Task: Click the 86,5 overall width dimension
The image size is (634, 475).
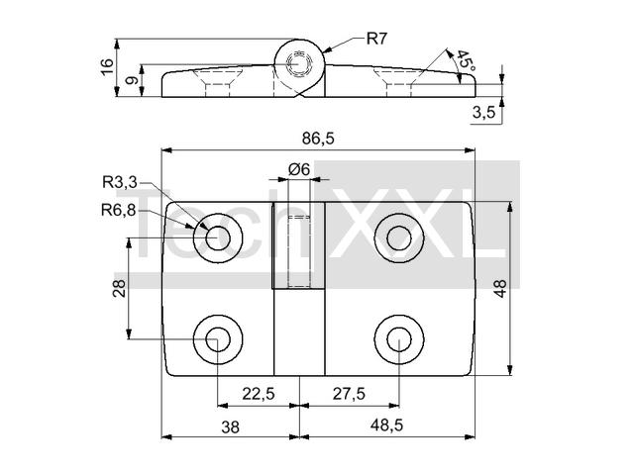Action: click(318, 139)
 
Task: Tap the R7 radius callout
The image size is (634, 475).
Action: click(376, 39)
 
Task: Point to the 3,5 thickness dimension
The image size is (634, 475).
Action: click(483, 113)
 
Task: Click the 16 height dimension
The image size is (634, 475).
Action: click(107, 66)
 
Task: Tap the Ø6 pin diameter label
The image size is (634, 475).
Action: click(299, 169)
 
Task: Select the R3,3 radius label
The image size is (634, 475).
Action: click(120, 182)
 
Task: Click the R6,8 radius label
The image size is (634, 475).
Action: click(119, 210)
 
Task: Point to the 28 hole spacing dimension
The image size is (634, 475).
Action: click(119, 288)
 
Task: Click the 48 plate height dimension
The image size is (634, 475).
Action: click(500, 288)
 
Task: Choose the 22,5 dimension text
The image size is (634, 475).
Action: click(259, 394)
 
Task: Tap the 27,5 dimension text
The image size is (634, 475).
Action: click(349, 394)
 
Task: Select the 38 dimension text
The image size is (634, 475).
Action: click(231, 427)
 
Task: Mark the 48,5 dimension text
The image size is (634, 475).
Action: click(387, 425)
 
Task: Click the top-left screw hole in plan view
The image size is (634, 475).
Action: click(218, 238)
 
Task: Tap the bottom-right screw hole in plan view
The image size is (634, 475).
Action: click(399, 339)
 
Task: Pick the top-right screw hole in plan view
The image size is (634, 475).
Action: click(399, 238)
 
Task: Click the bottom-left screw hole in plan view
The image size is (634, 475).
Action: click(218, 339)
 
